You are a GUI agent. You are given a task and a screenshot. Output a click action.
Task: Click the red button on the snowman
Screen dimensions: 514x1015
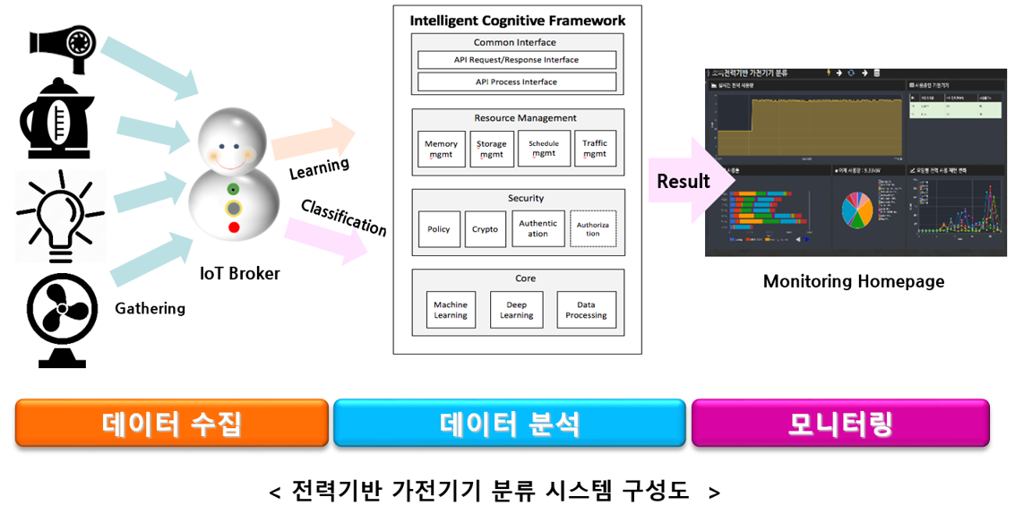point(234,227)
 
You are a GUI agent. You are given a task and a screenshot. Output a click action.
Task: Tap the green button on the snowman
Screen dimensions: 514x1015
point(234,189)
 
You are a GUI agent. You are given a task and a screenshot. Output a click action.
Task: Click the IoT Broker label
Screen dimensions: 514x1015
point(239,274)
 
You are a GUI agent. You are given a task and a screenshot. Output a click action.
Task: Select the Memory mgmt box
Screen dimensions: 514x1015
point(441,149)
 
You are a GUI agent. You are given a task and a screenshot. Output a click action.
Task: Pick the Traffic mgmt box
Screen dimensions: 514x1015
point(594,149)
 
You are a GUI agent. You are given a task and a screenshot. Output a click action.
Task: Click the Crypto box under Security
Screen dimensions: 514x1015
point(485,229)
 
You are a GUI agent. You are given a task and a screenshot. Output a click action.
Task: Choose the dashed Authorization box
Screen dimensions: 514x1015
point(593,229)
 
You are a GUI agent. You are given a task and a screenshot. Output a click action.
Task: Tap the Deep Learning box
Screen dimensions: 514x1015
point(516,310)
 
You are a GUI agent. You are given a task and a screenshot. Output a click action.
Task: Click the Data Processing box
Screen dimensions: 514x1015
point(586,310)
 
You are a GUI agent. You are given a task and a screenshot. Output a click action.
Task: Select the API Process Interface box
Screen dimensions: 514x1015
point(516,81)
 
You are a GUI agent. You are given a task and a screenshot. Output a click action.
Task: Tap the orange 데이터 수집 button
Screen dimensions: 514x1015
point(172,424)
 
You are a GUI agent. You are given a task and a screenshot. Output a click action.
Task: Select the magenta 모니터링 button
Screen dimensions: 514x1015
point(840,424)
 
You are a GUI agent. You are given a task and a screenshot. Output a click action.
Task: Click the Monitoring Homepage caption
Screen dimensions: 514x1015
point(853,281)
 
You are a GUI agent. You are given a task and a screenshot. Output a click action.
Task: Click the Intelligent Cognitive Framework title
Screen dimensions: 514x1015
point(518,21)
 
